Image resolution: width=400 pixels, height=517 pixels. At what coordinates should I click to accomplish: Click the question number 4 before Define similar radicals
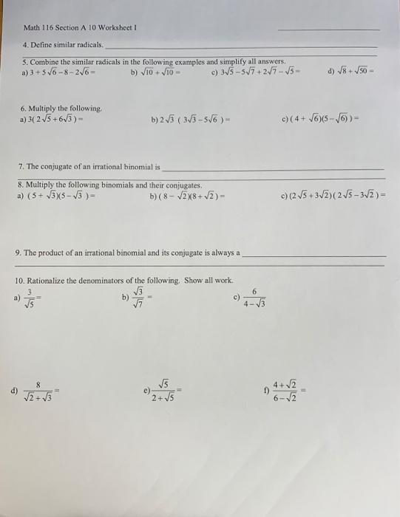click(x=24, y=45)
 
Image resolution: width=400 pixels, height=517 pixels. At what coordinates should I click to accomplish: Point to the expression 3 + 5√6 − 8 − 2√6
click(x=58, y=72)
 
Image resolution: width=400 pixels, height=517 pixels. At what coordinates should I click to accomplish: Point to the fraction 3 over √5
click(x=30, y=297)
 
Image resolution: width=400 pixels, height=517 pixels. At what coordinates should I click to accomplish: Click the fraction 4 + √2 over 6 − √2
click(x=284, y=388)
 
